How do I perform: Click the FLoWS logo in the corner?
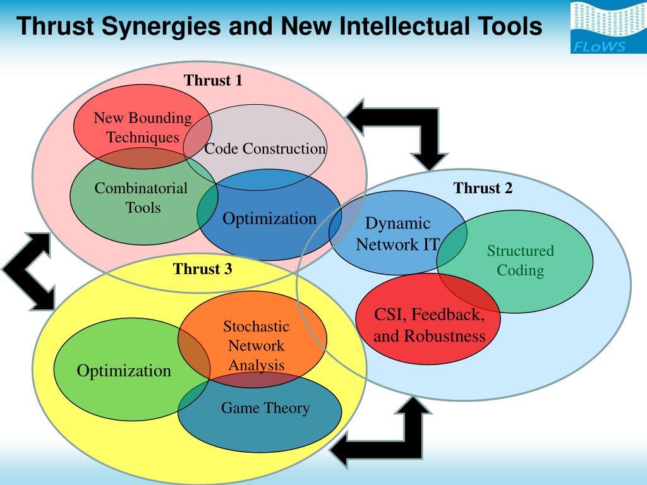pyautogui.click(x=608, y=27)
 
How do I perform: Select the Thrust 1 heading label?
pyautogui.click(x=213, y=80)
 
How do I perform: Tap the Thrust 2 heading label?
pyautogui.click(x=483, y=188)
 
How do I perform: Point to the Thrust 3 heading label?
pyautogui.click(x=203, y=269)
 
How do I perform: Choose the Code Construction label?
pyautogui.click(x=265, y=149)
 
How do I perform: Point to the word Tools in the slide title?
pyautogui.click(x=511, y=27)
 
